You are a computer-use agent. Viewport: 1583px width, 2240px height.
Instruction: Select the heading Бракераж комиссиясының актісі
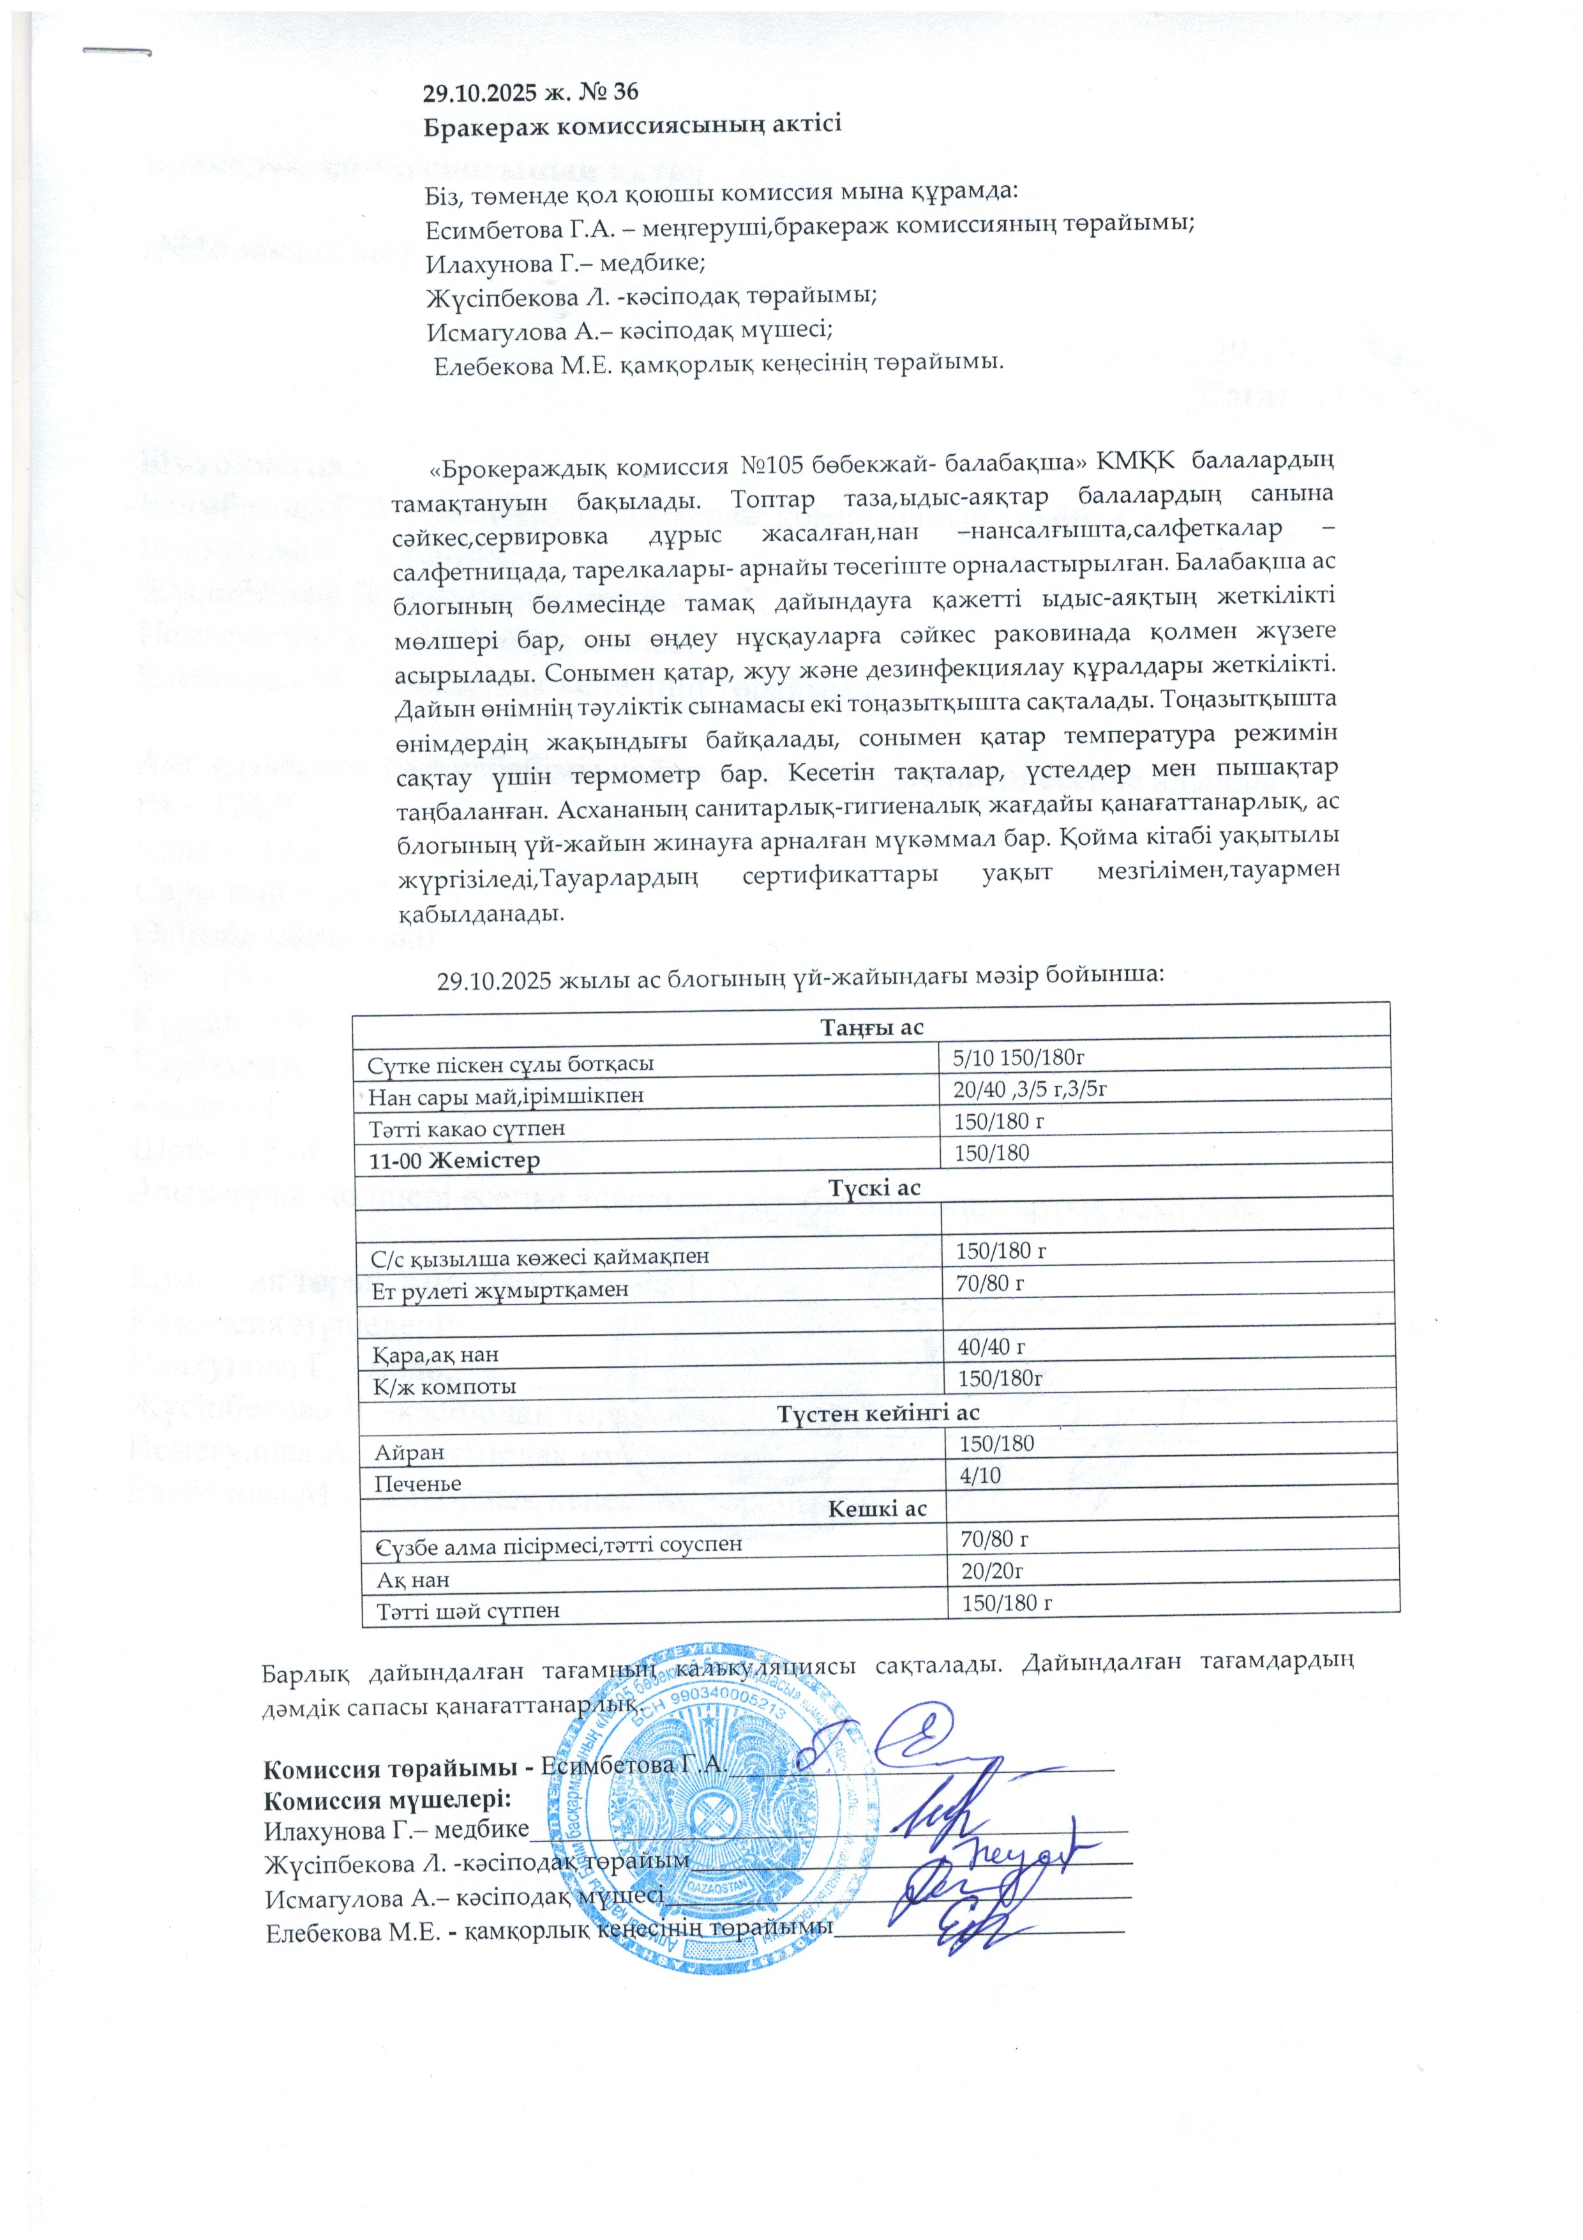click(632, 126)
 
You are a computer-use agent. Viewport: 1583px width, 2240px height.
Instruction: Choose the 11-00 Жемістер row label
click(454, 1161)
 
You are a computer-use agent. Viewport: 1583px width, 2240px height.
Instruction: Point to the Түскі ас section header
click(874, 1187)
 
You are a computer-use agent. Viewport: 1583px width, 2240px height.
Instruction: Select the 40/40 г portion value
click(990, 1346)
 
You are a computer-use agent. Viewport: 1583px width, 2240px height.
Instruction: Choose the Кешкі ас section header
click(876, 1510)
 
